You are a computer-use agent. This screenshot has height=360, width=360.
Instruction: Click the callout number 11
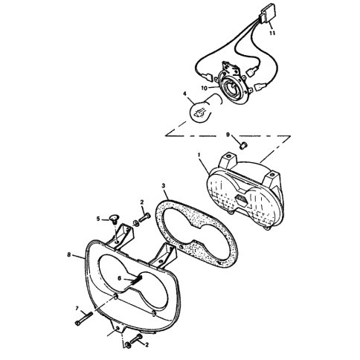[272, 33]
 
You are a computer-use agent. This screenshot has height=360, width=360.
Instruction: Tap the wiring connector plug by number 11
[267, 13]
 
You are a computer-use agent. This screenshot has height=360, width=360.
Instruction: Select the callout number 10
[205, 88]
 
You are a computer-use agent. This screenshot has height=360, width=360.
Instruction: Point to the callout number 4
[184, 94]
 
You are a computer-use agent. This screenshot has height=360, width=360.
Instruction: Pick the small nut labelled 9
[242, 146]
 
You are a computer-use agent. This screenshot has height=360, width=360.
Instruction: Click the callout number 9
[228, 135]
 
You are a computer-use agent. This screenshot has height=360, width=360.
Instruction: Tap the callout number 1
[199, 155]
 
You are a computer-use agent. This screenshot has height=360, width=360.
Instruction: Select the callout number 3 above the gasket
[163, 185]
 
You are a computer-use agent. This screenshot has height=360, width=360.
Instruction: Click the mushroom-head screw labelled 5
[114, 219]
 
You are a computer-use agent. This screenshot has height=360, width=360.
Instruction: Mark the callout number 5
[98, 219]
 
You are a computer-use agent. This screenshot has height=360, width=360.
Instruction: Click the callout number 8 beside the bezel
[69, 254]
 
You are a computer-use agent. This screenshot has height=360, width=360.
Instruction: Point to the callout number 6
[120, 278]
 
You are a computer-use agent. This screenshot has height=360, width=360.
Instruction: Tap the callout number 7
[77, 308]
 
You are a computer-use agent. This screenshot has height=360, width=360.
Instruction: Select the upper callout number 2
[142, 202]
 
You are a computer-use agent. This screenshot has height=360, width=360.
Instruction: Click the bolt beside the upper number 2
[145, 218]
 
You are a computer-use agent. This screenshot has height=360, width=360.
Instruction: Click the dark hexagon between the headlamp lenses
[242, 200]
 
